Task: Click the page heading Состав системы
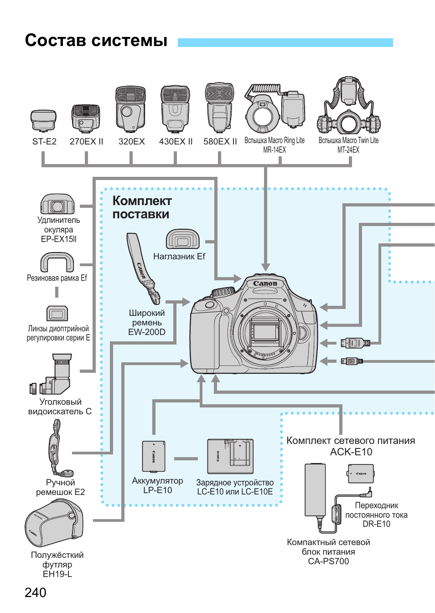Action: pyautogui.click(x=96, y=41)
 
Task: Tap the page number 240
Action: pyautogui.click(x=36, y=592)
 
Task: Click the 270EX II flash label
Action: pyautogui.click(x=86, y=142)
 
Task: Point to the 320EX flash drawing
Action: pyautogui.click(x=130, y=109)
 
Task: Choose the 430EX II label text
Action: pyautogui.click(x=176, y=142)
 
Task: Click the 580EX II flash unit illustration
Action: pyautogui.click(x=220, y=108)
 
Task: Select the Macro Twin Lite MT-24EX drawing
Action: pyautogui.click(x=349, y=107)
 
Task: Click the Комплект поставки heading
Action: pyautogui.click(x=142, y=207)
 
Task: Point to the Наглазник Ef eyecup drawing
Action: pyautogui.click(x=182, y=239)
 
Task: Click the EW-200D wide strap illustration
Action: pyautogui.click(x=143, y=269)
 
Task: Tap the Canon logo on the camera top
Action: pyautogui.click(x=265, y=283)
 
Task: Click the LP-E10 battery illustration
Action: pyautogui.click(x=154, y=456)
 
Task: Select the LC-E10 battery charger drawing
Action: pyautogui.click(x=230, y=456)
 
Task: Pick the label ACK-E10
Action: pyautogui.click(x=351, y=452)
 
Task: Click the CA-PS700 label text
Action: pyautogui.click(x=328, y=561)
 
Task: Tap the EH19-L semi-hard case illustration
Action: pyautogui.click(x=54, y=524)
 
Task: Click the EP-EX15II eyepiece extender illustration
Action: pyautogui.click(x=57, y=205)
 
